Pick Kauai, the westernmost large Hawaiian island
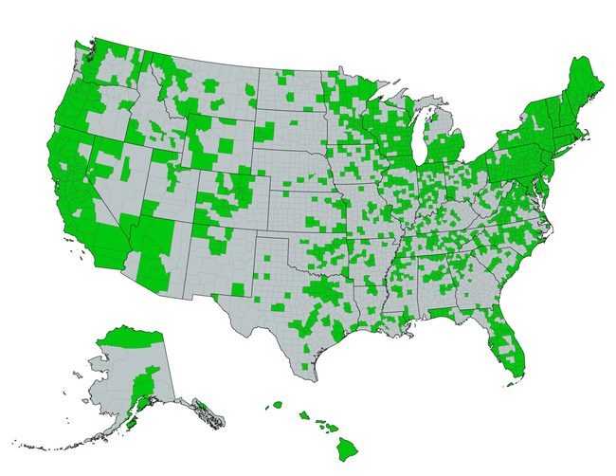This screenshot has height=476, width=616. pos(277,404)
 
